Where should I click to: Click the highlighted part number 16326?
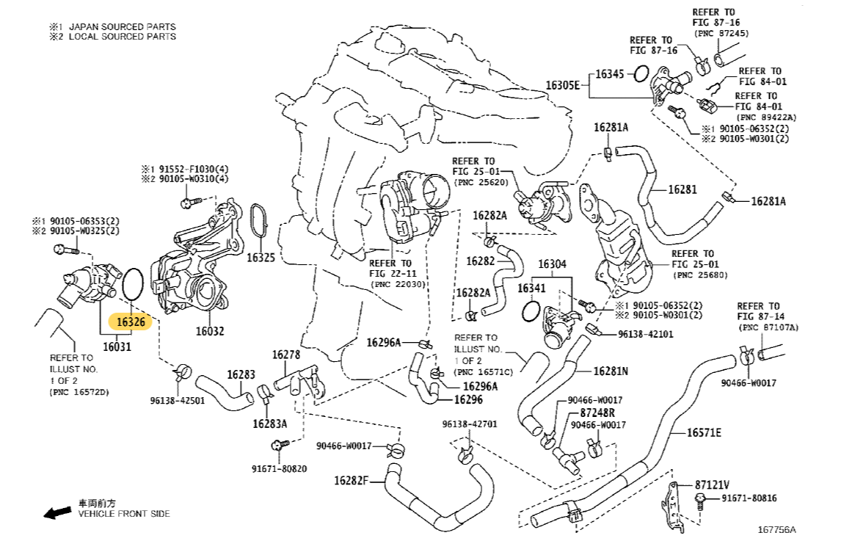[x=129, y=322]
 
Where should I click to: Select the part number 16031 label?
[x=117, y=346]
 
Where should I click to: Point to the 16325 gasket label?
[x=261, y=258]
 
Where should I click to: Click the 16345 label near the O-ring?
[x=609, y=74]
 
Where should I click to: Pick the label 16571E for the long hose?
[x=704, y=432]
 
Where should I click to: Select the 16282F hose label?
[x=351, y=481]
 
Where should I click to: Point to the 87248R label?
[x=600, y=413]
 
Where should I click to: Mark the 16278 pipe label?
[x=286, y=355]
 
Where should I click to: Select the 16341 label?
[x=531, y=288]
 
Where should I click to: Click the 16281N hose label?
[x=611, y=371]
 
